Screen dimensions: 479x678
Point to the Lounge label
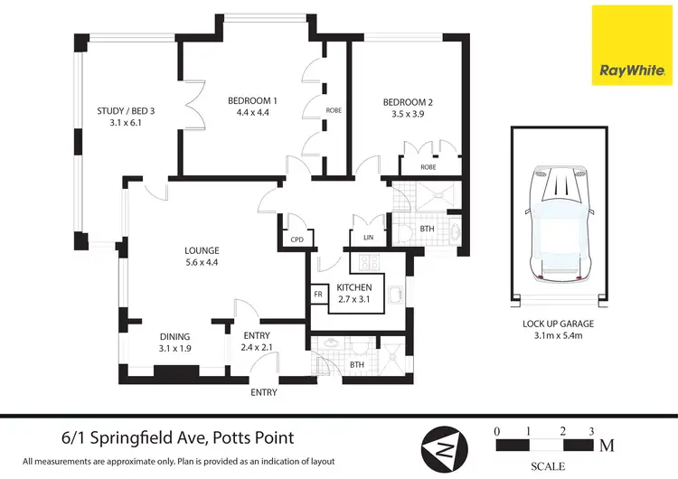(x=202, y=250)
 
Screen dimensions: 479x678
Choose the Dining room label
(x=175, y=336)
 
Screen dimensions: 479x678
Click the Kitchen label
(x=354, y=287)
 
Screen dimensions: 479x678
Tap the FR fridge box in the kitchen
(x=318, y=295)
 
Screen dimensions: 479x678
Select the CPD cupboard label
(x=297, y=240)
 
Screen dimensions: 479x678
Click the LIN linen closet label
(x=370, y=238)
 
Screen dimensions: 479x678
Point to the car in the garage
(x=559, y=222)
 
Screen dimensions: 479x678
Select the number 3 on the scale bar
(x=590, y=431)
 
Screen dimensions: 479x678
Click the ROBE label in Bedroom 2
(x=429, y=167)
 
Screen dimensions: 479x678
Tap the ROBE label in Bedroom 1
(x=333, y=110)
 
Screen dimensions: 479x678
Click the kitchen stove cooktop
(x=368, y=263)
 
